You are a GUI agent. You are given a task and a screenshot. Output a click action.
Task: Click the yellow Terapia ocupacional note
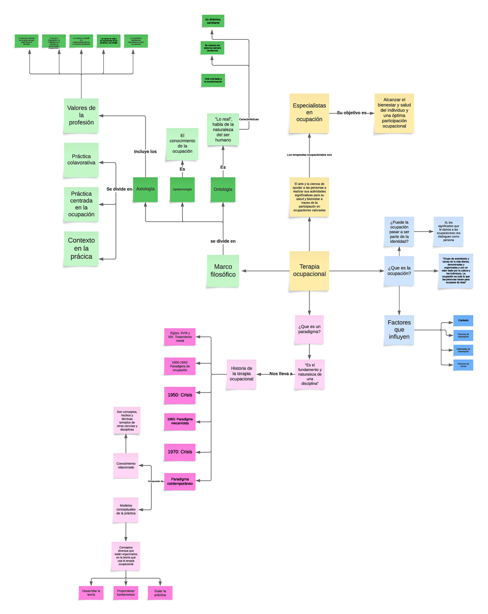309,271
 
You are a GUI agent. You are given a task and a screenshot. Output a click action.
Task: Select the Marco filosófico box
223,271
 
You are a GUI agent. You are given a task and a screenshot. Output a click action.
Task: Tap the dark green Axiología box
145,189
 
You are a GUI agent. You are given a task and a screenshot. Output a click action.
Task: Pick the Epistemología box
182,189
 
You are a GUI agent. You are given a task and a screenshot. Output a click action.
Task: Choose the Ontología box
223,189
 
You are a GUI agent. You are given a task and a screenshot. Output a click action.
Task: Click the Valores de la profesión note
81,115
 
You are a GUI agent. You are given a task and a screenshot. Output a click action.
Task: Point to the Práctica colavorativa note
81,160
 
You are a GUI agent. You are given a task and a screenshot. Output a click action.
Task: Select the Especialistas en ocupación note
309,113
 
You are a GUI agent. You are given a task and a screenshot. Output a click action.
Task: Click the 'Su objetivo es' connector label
351,113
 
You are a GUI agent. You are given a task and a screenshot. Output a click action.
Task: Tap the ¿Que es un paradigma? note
309,329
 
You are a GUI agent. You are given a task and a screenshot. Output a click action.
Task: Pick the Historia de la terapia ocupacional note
242,374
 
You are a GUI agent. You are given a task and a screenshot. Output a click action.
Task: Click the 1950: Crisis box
180,395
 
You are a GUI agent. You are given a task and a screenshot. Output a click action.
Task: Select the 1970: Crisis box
180,452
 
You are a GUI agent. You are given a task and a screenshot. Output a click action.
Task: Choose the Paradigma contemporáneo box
180,482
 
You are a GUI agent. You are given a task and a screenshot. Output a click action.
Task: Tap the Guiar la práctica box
160,593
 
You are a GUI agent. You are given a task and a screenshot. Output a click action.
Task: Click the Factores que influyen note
399,330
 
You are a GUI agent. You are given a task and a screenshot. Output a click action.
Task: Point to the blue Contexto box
463,321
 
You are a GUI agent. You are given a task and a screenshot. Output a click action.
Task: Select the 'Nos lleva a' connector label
281,374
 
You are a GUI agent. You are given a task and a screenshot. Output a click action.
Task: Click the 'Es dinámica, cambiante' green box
213,21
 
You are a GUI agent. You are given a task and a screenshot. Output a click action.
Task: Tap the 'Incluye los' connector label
145,152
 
